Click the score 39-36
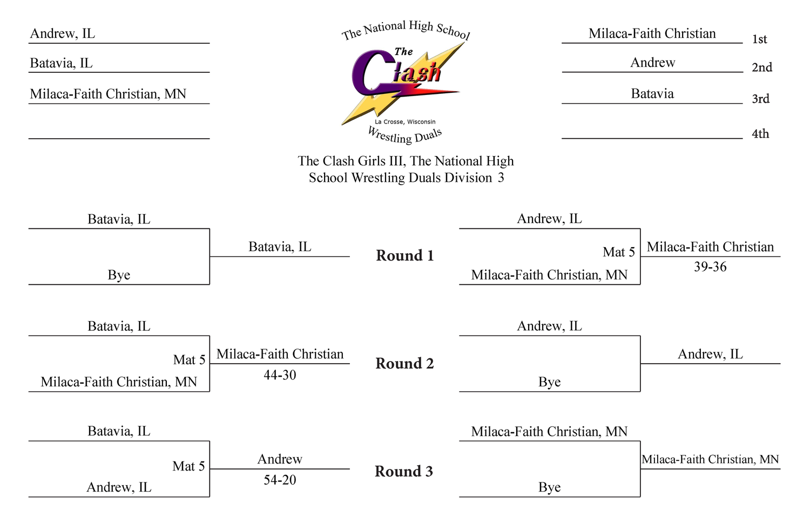(710, 267)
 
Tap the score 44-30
(280, 375)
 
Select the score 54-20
(280, 480)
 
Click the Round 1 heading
(404, 255)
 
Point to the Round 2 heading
(404, 363)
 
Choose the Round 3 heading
(404, 471)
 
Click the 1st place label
(759, 39)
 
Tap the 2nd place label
(762, 67)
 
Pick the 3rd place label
(760, 99)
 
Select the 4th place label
(760, 134)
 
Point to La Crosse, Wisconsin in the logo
(405, 122)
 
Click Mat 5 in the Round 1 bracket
(619, 252)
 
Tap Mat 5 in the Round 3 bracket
(188, 466)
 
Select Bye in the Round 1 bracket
(119, 275)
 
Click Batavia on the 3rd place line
(652, 93)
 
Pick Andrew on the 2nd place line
(653, 63)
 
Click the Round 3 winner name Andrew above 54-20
(280, 459)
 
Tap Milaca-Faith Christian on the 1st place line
(652, 33)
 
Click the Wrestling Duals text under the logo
(405, 135)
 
